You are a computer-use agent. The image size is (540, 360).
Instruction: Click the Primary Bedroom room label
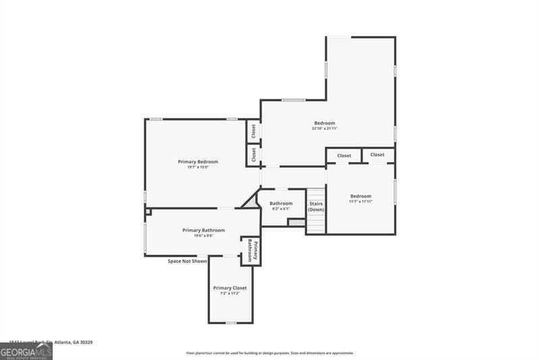[198, 161]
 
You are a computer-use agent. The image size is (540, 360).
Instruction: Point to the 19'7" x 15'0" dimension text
[198, 168]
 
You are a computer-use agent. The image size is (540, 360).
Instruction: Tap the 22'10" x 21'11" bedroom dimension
[325, 128]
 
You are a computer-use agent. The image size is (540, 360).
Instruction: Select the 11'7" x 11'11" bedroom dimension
[360, 201]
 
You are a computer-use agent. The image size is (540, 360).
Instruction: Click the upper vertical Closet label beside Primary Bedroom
[253, 130]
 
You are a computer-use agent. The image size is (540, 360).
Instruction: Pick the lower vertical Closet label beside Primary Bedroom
[253, 155]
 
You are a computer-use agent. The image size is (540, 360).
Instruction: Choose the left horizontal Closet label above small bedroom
[344, 155]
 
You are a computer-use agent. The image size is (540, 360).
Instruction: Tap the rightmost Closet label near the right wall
[377, 155]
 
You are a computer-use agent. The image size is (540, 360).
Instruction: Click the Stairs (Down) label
[316, 206]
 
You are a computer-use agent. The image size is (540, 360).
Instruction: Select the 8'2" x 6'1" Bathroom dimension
[281, 209]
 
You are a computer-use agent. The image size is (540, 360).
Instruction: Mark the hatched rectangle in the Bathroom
[296, 222]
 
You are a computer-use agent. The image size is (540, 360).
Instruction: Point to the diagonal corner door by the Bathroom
[251, 200]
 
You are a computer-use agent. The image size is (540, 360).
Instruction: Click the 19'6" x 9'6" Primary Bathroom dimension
[203, 236]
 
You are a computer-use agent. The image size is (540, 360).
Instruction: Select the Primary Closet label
[230, 288]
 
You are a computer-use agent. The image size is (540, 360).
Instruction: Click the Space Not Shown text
[188, 261]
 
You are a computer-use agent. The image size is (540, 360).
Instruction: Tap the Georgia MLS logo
[26, 351]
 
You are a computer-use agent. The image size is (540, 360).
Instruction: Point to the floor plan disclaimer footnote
[270, 353]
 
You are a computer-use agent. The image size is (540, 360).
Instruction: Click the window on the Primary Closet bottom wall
[231, 323]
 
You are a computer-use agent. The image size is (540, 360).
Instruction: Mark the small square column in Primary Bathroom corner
[148, 211]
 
